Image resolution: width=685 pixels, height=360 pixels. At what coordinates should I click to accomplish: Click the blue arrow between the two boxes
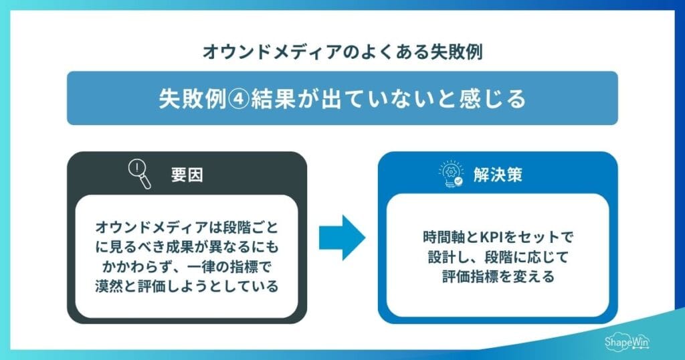tap(342, 238)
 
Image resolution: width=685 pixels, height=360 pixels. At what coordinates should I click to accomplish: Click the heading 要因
tap(187, 176)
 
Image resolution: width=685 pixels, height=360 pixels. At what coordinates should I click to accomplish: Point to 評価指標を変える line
tap(498, 276)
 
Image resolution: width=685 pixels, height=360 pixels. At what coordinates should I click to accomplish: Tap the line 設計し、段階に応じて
tap(498, 257)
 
